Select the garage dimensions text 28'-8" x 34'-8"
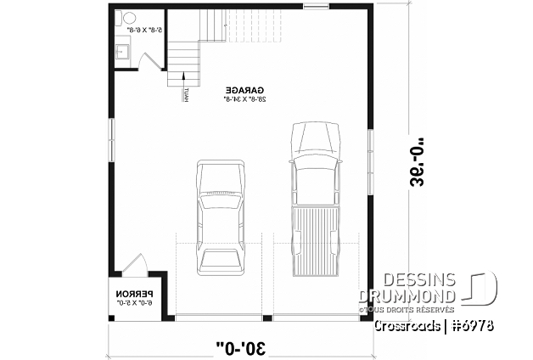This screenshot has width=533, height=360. tap(245, 98)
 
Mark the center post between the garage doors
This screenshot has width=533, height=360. tap(266, 318)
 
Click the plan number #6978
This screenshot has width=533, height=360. tap(474, 326)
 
